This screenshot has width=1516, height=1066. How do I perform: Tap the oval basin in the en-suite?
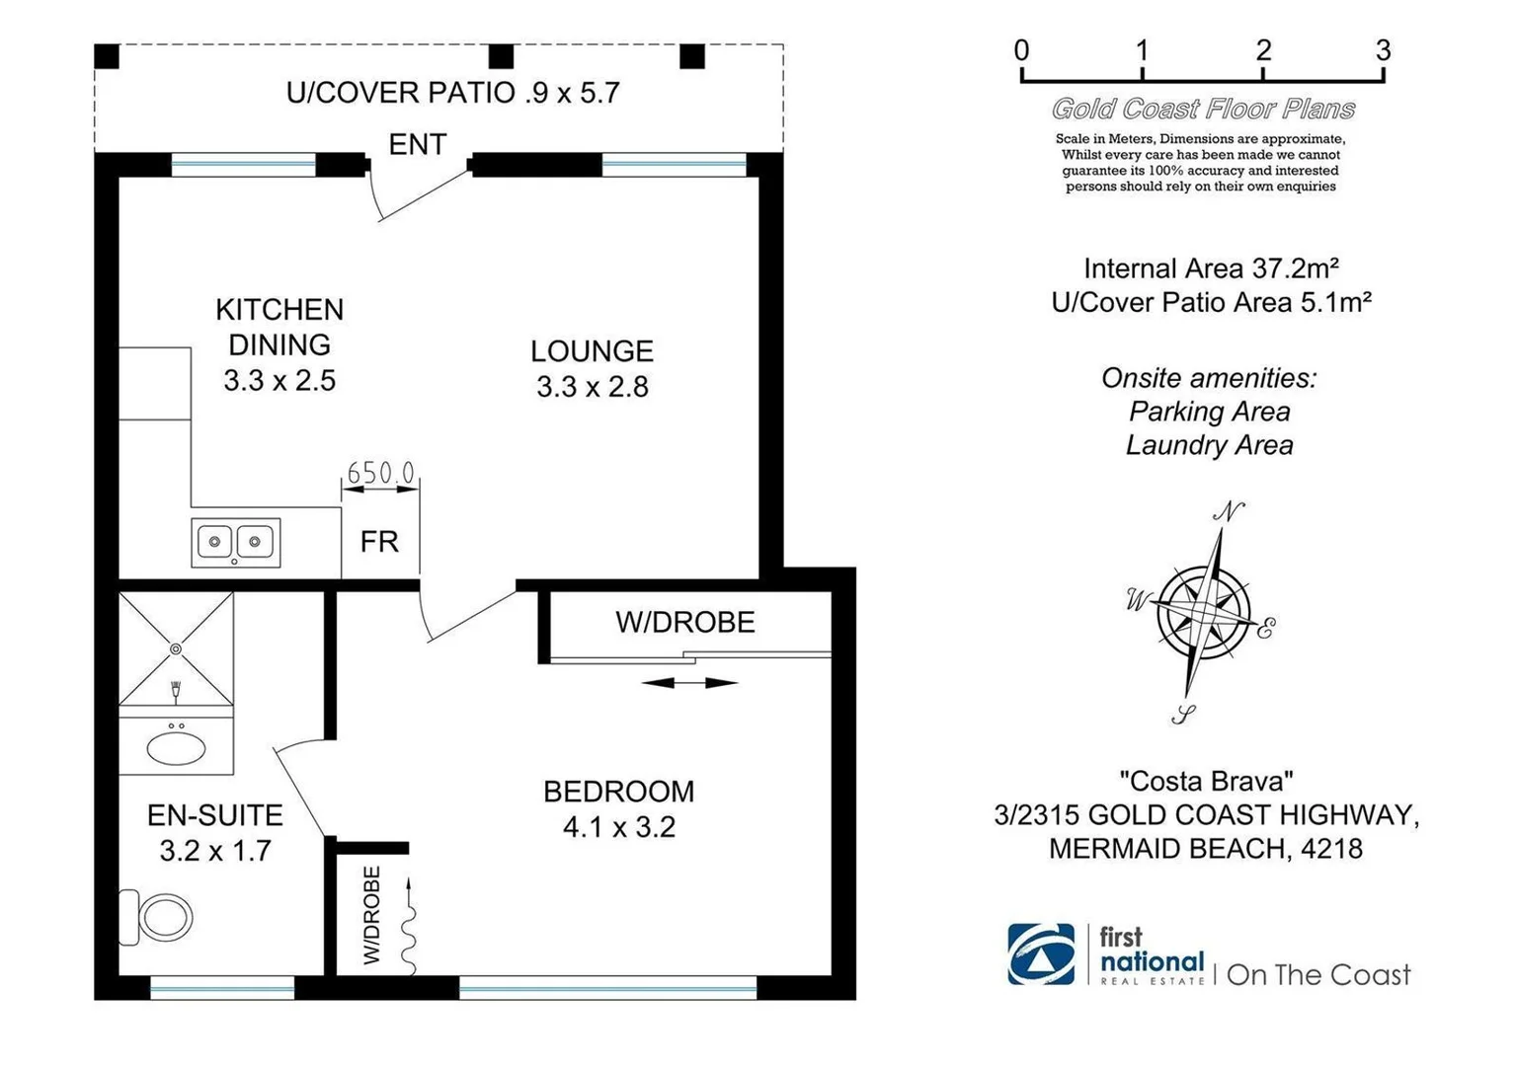pyautogui.click(x=177, y=748)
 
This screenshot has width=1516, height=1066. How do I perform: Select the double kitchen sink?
pyautogui.click(x=235, y=542)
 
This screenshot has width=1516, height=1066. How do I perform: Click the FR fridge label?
pyautogui.click(x=379, y=542)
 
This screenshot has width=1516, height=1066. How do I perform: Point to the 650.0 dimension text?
pyautogui.click(x=380, y=473)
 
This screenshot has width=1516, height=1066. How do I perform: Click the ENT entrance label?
pyautogui.click(x=418, y=144)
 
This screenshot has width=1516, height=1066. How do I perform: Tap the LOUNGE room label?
pyautogui.click(x=593, y=351)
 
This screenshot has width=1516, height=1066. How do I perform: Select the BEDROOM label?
pyautogui.click(x=619, y=792)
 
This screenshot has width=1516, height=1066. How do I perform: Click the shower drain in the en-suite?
pyautogui.click(x=176, y=648)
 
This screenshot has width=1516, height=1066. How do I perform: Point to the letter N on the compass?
pyautogui.click(x=1229, y=511)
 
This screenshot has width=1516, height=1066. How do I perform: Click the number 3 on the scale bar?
pyautogui.click(x=1384, y=50)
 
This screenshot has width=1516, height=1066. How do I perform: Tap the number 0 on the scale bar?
pyautogui.click(x=1022, y=50)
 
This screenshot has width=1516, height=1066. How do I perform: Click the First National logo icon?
pyautogui.click(x=1041, y=953)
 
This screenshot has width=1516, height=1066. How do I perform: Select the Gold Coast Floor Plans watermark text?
pyautogui.click(x=1203, y=109)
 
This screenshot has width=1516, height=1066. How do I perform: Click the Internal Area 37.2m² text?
pyautogui.click(x=1211, y=268)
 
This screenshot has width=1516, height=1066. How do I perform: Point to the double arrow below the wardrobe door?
pyautogui.click(x=689, y=683)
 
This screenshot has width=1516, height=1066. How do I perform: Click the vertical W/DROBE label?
pyautogui.click(x=371, y=915)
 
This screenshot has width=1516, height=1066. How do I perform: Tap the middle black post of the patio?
pyautogui.click(x=501, y=57)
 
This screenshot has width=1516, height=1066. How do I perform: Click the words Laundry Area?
pyautogui.click(x=1210, y=445)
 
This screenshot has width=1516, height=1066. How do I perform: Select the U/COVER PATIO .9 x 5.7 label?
pyautogui.click(x=452, y=93)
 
